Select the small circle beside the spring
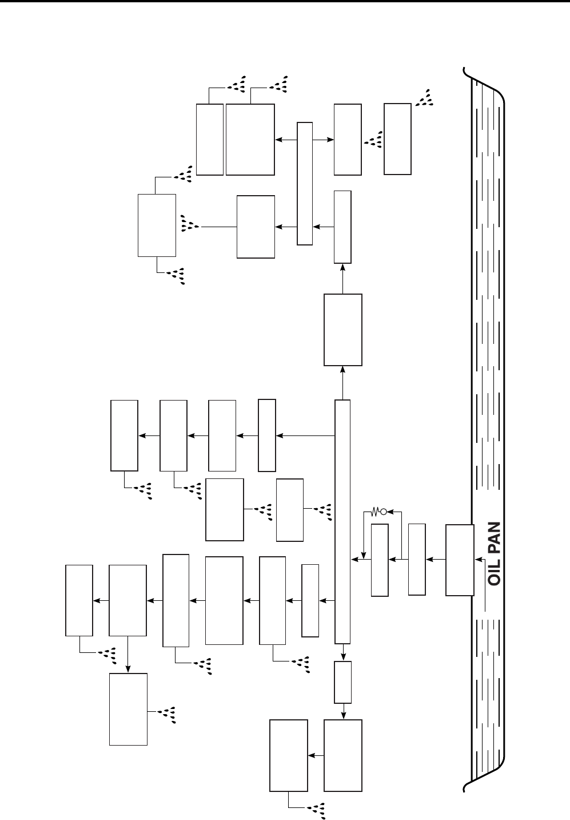pos(384,511)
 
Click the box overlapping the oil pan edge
pos(460,560)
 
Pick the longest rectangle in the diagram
pos(342,521)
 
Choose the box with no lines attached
pos(397,138)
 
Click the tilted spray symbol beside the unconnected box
pos(425,98)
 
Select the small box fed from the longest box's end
pos(342,682)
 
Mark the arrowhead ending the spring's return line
pos(364,555)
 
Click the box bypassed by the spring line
pos(380,560)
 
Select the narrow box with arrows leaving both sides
pos(305,183)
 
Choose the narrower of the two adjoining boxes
pos(209,139)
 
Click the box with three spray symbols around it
pos(157,225)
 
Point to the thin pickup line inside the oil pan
pos(485,615)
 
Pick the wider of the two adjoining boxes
pos(250,139)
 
